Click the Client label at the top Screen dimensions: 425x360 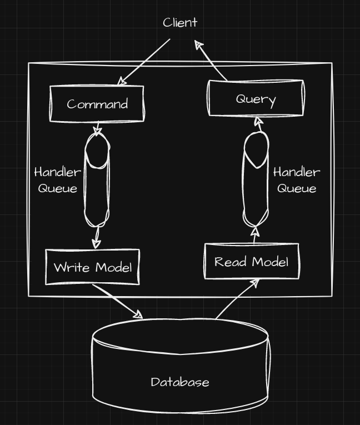click(x=180, y=23)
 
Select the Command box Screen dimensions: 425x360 click(x=97, y=104)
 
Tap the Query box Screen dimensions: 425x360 click(x=256, y=99)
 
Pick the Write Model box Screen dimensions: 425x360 click(x=92, y=267)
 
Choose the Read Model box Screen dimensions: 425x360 click(x=252, y=261)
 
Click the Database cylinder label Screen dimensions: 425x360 click(x=180, y=382)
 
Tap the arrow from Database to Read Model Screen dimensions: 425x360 click(x=236, y=300)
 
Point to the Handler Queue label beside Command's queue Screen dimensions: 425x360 click(x=57, y=180)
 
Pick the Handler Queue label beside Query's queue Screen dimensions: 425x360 click(x=297, y=180)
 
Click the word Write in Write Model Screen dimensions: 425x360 click(x=66, y=267)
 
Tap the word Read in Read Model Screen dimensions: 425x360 click(x=226, y=261)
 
